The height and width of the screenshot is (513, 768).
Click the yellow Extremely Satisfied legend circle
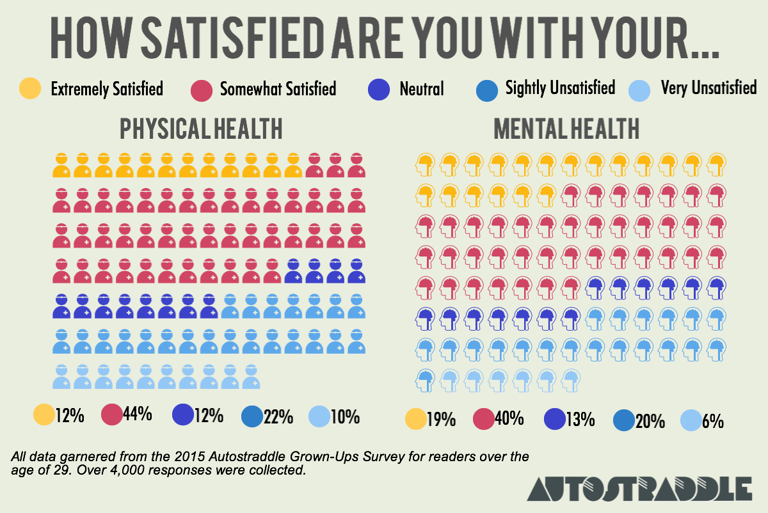pos(30,88)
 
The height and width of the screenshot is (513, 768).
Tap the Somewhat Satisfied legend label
pos(278,88)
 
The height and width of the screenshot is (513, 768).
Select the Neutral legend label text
pos(421,88)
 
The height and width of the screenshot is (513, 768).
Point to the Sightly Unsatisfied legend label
pos(560,87)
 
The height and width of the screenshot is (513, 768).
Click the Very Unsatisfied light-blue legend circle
pos(642,88)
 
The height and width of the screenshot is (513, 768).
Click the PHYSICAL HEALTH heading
pos(202,129)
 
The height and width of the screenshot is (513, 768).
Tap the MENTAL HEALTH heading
pos(566,129)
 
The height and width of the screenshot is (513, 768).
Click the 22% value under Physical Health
pos(277,416)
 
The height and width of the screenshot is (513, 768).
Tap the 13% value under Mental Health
pos(579,420)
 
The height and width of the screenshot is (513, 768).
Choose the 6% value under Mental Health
pos(712,420)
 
